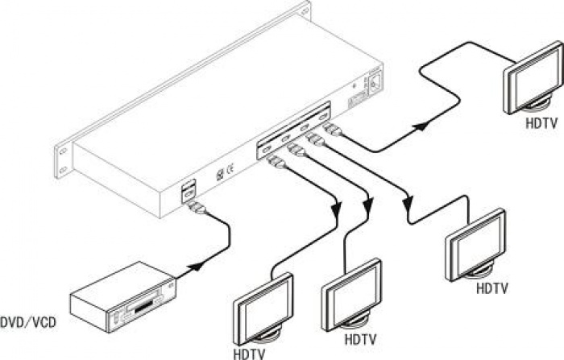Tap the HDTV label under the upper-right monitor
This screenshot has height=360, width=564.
point(539,124)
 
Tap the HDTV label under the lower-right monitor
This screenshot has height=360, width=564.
point(491,288)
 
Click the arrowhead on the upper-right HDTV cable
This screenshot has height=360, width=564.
point(420,126)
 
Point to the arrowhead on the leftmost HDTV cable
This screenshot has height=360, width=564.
point(336,209)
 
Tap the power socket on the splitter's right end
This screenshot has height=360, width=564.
point(375,84)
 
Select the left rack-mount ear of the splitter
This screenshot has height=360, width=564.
point(62,159)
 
